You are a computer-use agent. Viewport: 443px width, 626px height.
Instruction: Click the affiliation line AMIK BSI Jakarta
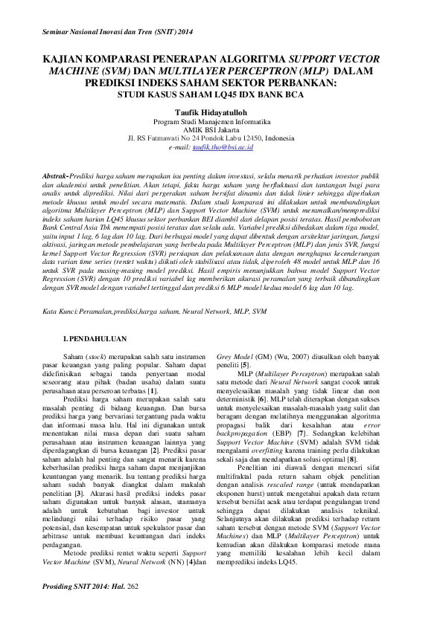[x=221, y=129]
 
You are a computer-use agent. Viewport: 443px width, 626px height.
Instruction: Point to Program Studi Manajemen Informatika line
[x=221, y=120]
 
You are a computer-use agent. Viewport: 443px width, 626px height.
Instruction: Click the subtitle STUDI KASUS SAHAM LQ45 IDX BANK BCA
[x=221, y=94]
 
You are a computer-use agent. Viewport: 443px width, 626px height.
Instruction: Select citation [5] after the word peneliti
[x=245, y=365]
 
